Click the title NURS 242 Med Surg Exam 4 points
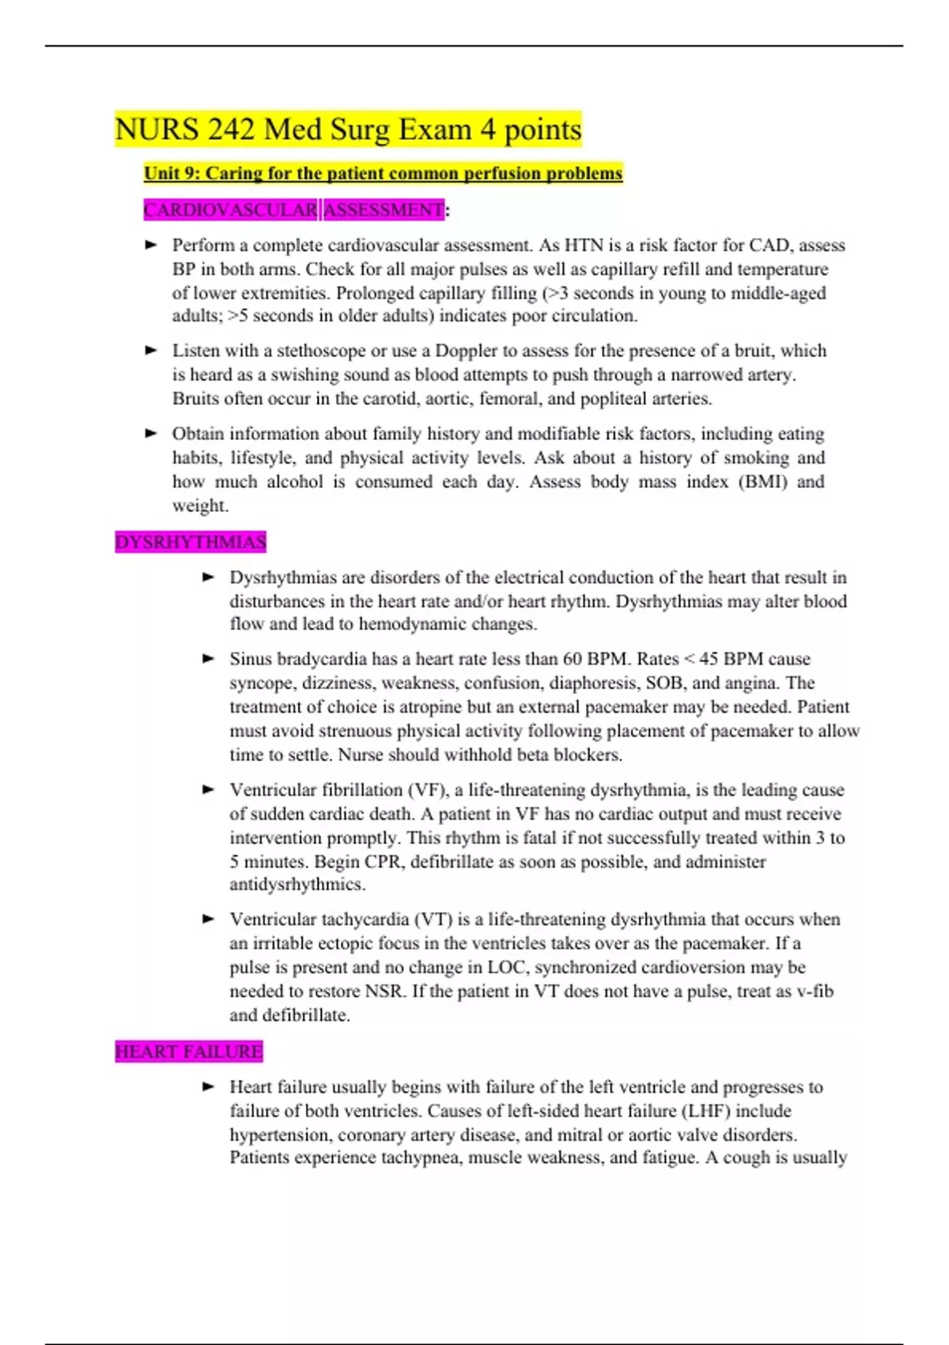(x=348, y=129)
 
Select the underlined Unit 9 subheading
(x=383, y=173)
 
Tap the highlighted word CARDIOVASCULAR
(x=230, y=210)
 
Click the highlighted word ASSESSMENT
(x=384, y=210)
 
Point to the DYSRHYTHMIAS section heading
(x=190, y=542)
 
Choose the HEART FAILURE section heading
(x=188, y=1051)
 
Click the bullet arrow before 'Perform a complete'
(x=152, y=245)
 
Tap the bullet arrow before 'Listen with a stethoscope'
(x=152, y=350)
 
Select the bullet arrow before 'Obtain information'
(x=152, y=434)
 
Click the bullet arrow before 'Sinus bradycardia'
(x=209, y=658)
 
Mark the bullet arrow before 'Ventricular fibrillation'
(x=209, y=790)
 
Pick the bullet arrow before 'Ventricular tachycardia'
(x=209, y=919)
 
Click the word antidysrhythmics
(x=297, y=885)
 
